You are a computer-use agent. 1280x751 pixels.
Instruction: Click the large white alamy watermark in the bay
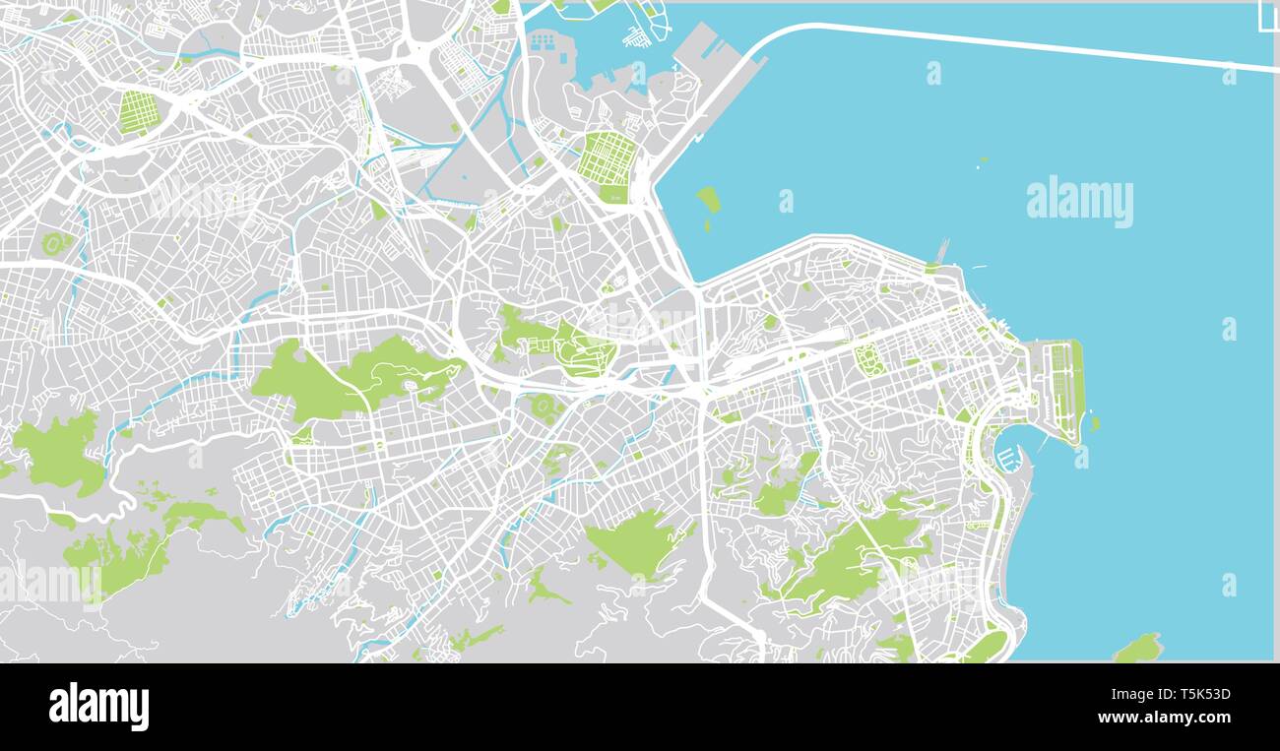click(x=1079, y=202)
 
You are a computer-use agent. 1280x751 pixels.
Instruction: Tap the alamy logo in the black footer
click(x=98, y=706)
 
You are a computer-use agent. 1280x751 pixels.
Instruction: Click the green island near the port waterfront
click(x=708, y=200)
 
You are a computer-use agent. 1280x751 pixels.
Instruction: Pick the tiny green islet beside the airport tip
click(x=1094, y=424)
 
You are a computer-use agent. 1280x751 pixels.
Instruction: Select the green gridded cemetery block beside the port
click(x=608, y=162)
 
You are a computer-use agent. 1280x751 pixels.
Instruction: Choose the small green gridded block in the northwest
click(x=135, y=112)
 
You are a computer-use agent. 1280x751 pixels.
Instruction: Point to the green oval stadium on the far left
click(x=54, y=242)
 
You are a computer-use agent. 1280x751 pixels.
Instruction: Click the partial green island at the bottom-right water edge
click(x=1138, y=649)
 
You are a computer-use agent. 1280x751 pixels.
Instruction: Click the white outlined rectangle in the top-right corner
click(x=1269, y=18)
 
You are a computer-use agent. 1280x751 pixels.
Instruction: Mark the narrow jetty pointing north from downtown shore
click(x=942, y=251)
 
